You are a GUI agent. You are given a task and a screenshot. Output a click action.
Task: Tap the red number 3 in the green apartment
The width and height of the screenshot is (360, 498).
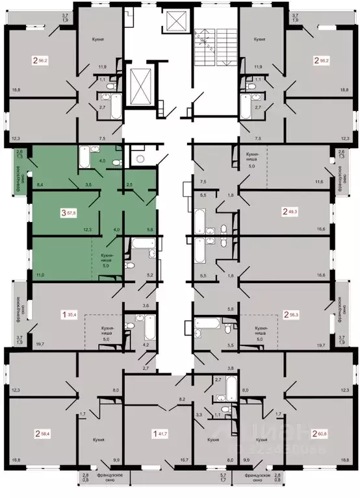pos(64,212)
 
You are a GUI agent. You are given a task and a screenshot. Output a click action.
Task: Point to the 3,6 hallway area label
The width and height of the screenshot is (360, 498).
pos(146,305)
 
